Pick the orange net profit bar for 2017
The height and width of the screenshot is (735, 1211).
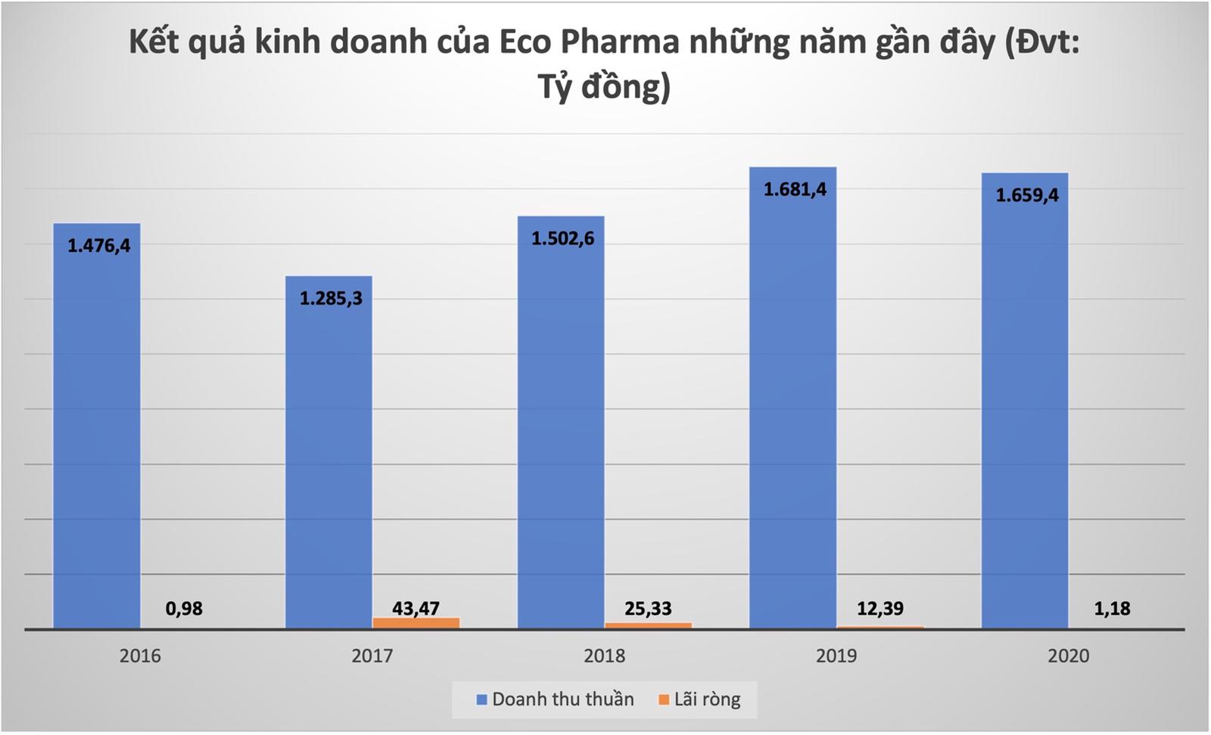point(416,622)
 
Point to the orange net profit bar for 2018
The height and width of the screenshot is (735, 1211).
point(648,625)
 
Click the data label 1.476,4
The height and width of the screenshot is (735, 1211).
point(99,245)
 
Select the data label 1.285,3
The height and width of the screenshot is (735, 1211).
point(331,298)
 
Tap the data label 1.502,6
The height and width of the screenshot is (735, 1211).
point(562,238)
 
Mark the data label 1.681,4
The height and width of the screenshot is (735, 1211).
point(795,189)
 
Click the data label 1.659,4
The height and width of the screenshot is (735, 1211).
point(1026,195)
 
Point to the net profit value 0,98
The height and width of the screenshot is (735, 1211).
point(184,609)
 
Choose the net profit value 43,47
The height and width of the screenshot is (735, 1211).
point(416,608)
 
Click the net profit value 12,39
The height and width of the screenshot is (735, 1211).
point(879,608)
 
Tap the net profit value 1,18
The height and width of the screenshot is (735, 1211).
point(1112,609)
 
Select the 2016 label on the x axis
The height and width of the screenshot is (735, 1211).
point(140,656)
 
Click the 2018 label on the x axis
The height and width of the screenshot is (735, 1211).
point(604,656)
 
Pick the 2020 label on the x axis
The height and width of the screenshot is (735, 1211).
point(1068,656)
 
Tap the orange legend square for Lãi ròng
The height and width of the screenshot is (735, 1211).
point(664,700)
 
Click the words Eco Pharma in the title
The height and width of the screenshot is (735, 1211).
point(589,42)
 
